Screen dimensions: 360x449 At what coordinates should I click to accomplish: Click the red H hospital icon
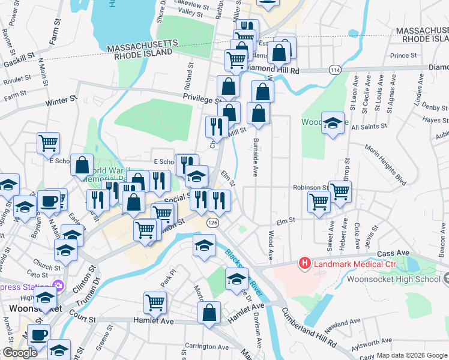point(305,263)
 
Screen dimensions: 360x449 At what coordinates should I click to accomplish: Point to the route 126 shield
point(212,222)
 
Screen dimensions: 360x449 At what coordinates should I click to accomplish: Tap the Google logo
point(20,353)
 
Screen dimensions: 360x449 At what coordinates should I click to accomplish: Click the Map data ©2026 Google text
point(412,355)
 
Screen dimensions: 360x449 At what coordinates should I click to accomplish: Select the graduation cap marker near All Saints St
point(333,123)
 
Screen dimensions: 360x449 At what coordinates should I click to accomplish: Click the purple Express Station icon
point(58,284)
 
